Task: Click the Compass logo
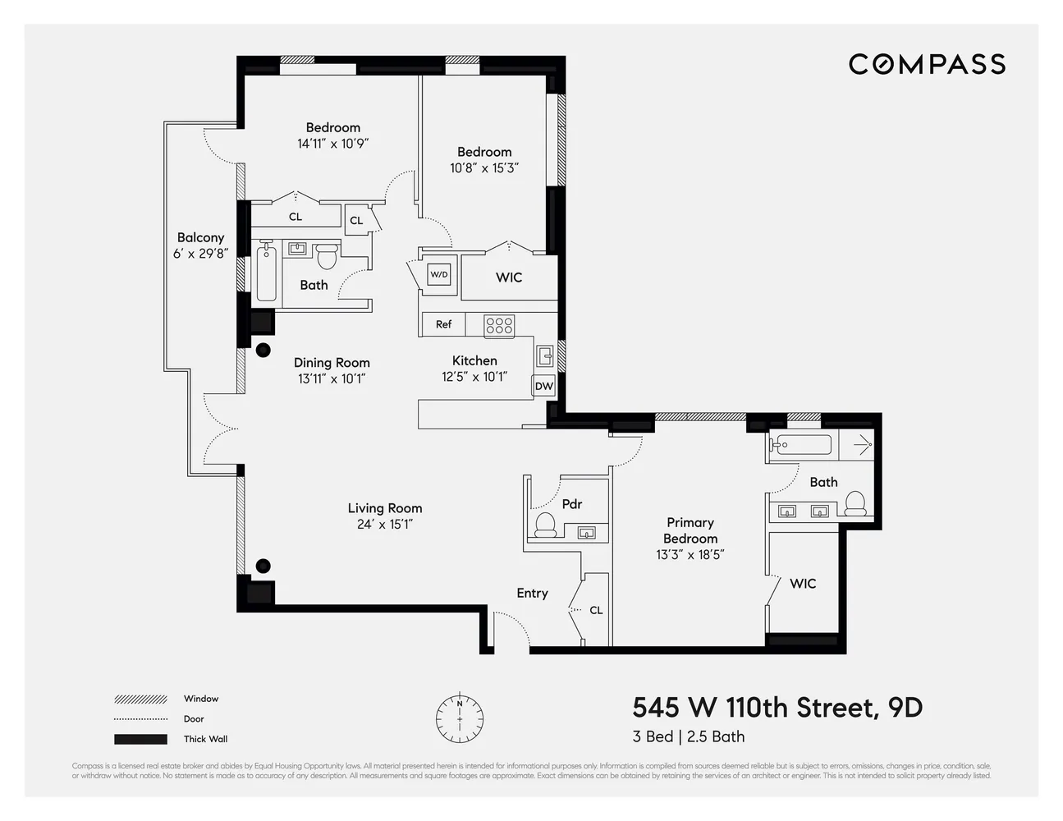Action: tap(927, 64)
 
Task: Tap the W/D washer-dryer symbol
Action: tap(439, 274)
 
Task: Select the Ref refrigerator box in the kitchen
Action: tap(443, 324)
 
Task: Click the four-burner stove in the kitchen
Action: tap(499, 325)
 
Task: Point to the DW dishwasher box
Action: tap(543, 386)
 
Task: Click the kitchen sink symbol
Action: tap(544, 355)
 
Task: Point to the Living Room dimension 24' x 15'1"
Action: tap(384, 525)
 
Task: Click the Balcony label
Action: tap(200, 237)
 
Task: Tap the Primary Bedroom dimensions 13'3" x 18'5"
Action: tap(690, 554)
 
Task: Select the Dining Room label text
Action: tap(332, 362)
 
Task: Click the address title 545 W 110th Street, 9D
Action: tap(777, 707)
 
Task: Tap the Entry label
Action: tap(532, 593)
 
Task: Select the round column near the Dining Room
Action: tap(263, 351)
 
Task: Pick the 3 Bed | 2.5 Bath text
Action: tap(688, 736)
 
